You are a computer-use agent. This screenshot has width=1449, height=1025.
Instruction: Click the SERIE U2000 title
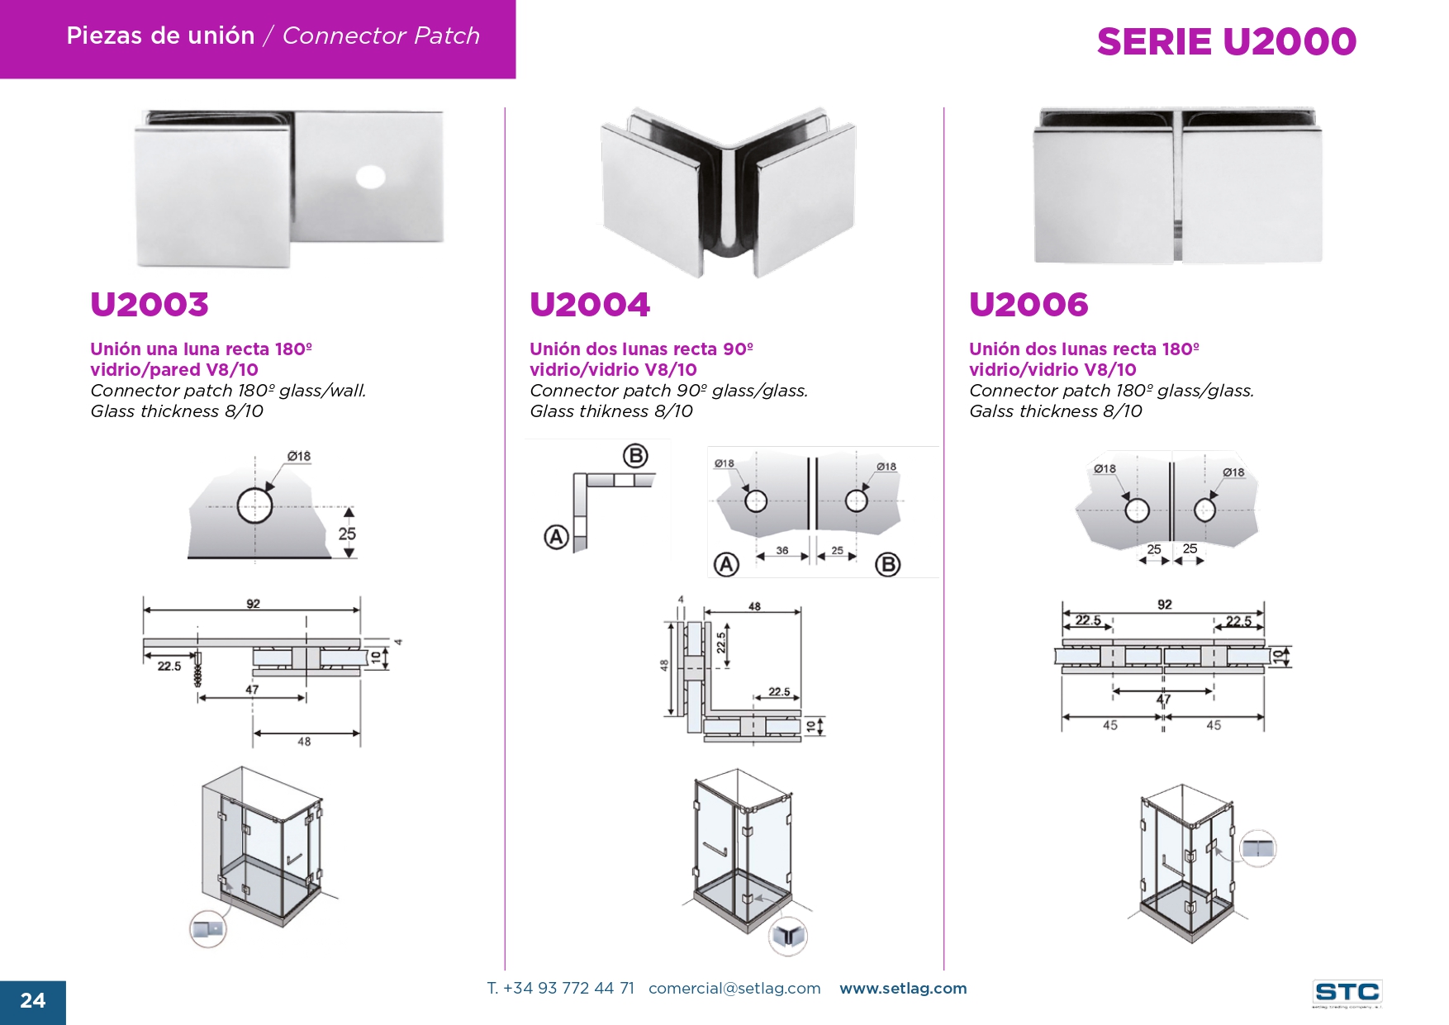[1226, 42]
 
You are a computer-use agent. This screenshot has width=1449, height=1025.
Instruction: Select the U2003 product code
[150, 305]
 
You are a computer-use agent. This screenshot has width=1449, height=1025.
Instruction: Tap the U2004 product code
[590, 305]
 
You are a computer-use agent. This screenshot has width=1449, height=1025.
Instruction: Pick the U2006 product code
[1029, 305]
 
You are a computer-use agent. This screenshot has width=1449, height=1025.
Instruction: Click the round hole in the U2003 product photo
[370, 177]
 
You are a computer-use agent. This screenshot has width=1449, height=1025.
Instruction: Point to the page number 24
[32, 1001]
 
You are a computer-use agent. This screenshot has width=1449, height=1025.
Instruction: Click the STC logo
[1347, 993]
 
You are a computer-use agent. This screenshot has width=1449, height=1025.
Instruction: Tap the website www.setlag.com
[903, 989]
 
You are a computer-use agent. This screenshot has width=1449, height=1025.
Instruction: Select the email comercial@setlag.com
[734, 989]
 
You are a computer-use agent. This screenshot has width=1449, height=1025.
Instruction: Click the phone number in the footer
[561, 989]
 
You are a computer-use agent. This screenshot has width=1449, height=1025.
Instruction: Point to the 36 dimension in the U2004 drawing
[782, 550]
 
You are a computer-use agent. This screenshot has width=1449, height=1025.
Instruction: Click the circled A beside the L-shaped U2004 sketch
[557, 538]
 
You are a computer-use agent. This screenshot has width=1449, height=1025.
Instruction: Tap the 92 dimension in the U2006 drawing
[1164, 605]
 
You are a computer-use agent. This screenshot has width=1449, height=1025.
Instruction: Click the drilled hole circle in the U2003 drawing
[254, 506]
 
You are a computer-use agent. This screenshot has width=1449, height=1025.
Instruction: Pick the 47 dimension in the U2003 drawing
[252, 689]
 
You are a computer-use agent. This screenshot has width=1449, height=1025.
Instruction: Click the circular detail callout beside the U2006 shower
[1258, 848]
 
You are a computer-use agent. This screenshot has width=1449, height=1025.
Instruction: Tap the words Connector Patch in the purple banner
[381, 36]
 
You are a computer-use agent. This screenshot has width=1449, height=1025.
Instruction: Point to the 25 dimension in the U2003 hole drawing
[347, 534]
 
